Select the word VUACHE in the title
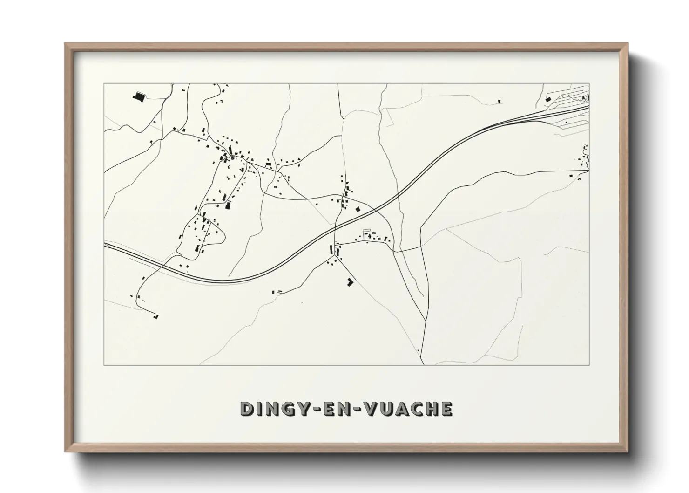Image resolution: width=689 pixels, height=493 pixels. [407, 409]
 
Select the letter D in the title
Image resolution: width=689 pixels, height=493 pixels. [247, 409]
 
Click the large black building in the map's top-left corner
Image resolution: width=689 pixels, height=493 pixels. [137, 96]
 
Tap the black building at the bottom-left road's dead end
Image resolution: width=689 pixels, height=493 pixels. [155, 316]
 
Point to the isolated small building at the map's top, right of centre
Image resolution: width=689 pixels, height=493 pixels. [499, 101]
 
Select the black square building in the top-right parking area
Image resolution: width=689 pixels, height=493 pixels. [548, 99]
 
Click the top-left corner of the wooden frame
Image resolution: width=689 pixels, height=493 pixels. [66, 44]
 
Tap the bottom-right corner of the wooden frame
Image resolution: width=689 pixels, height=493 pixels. [627, 451]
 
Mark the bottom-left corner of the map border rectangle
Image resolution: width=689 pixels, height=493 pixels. [104, 365]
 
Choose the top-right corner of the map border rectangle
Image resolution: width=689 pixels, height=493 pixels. [589, 83]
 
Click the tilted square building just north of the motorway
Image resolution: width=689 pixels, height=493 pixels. [358, 209]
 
